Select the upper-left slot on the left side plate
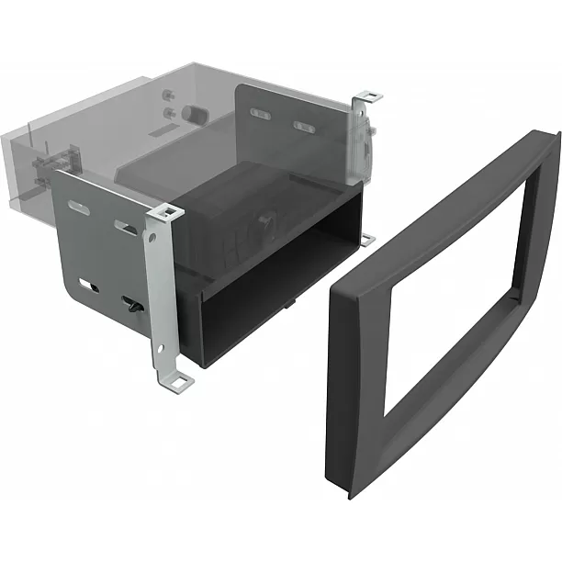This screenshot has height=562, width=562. click(x=79, y=208)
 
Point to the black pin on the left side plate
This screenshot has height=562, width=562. click(x=131, y=305)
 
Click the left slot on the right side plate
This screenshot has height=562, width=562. click(x=260, y=113)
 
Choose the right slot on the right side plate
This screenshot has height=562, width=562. click(x=304, y=126)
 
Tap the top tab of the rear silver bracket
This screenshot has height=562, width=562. click(x=369, y=96)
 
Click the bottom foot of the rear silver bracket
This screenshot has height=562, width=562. click(x=367, y=240)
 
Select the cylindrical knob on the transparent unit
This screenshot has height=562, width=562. click(x=194, y=113)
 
